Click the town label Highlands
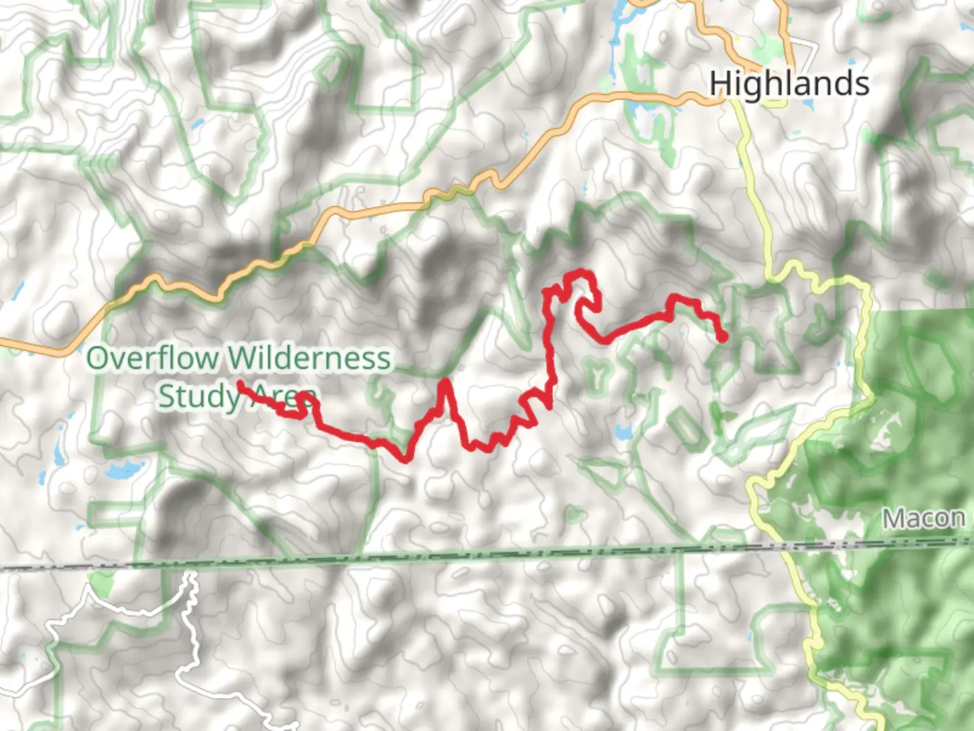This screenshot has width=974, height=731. (x=789, y=85)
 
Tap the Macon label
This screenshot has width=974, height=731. (x=924, y=518)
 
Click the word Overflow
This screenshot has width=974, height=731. (x=153, y=358)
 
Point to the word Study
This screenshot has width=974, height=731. (x=198, y=396)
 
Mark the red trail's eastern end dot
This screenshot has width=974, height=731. (x=722, y=336)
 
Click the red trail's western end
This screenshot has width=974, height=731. (x=240, y=384)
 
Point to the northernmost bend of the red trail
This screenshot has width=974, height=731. (x=579, y=273)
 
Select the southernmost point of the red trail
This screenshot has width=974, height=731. (x=405, y=460)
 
